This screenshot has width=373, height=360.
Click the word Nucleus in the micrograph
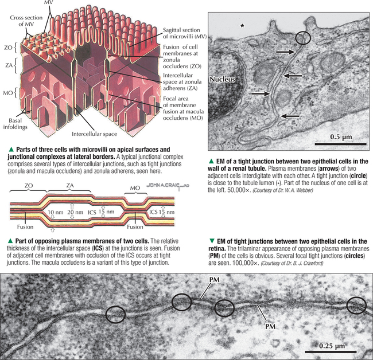pyautogui.click(x=222, y=79)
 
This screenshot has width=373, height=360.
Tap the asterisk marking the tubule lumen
pyautogui.click(x=242, y=26)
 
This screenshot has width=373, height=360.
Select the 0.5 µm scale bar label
pyautogui.click(x=341, y=137)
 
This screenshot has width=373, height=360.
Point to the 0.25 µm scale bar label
pyautogui.click(x=332, y=346)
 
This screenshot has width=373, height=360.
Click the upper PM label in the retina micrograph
pyautogui.click(x=215, y=280)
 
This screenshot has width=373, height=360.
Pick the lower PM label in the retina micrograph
pyautogui.click(x=270, y=326)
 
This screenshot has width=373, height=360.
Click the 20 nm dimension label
pyautogui.click(x=75, y=212)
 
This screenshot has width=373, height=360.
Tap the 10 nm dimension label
pyautogui.click(x=56, y=212)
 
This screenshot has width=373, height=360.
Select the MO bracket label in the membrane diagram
pyautogui.click(x=135, y=188)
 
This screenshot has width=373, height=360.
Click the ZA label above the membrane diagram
pyautogui.click(x=69, y=185)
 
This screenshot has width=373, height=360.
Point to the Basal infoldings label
pyautogui.click(x=15, y=124)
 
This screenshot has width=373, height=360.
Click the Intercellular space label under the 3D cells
pyautogui.click(x=95, y=134)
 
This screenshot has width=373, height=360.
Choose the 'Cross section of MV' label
pyautogui.click(x=26, y=21)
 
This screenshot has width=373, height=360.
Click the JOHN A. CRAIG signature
pyautogui.click(x=168, y=185)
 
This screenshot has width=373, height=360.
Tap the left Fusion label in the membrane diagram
pyautogui.click(x=25, y=227)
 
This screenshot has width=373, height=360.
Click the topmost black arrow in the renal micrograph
pyautogui.click(x=285, y=52)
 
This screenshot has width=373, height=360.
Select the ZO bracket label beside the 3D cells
pyautogui.click(x=9, y=48)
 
